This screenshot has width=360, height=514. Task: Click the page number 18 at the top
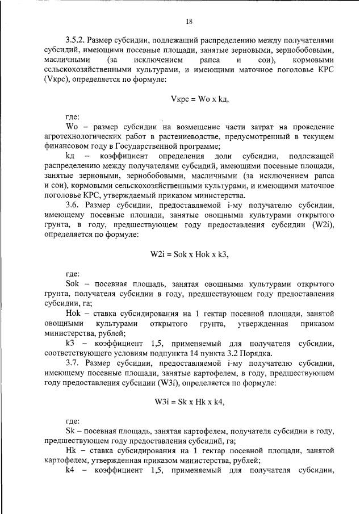tap(189, 22)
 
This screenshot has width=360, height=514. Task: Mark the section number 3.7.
tap(73, 362)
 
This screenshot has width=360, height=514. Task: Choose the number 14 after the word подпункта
tap(198, 352)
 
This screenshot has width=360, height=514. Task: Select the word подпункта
tap(170, 352)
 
